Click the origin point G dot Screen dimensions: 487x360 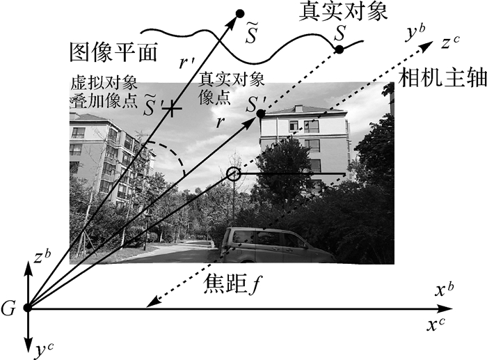pos(27,307)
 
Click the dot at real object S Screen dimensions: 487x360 pos(340,49)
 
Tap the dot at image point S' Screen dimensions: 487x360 pos(260,114)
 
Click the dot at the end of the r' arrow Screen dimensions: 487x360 pos(240,13)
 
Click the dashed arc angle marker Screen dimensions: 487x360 pos(174,157)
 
